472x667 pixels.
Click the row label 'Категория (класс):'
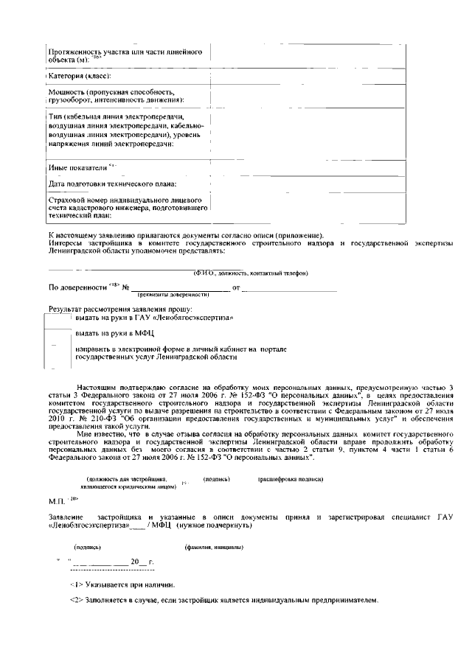pos(80,76)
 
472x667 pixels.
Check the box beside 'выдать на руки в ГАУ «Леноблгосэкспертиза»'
pos(60,318)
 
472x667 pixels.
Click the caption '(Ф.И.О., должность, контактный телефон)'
pos(251,273)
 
